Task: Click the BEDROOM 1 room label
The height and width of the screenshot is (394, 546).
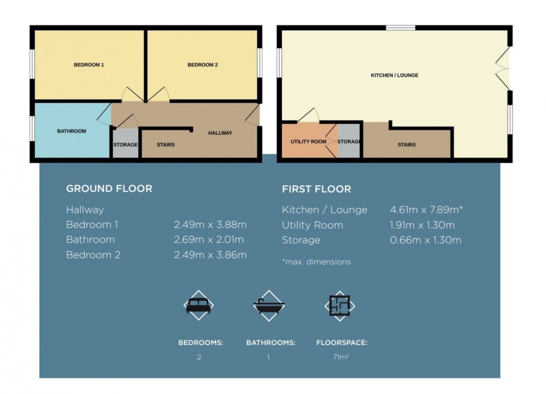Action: tap(89, 65)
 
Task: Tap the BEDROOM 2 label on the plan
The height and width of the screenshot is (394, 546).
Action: tap(202, 65)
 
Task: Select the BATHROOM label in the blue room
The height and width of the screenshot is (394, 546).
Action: tap(72, 132)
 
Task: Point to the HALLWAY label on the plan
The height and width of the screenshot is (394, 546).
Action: tap(220, 133)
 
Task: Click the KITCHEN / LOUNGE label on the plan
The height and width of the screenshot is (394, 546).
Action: tap(394, 75)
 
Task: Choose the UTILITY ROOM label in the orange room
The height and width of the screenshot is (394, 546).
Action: tap(308, 142)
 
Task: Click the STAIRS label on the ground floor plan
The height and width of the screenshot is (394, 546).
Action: tap(165, 145)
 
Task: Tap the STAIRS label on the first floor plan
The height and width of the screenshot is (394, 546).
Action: tap(406, 145)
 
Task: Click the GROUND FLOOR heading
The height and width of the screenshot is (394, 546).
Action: tap(109, 188)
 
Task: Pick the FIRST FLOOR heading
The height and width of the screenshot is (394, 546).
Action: tap(316, 189)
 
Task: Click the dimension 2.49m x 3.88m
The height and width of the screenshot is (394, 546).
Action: tap(210, 225)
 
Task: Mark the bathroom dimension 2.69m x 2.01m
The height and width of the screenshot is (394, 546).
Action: tap(210, 240)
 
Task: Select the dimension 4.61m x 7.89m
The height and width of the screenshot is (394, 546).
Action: tap(426, 210)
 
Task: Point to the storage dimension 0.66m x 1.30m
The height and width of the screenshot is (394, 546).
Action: tap(426, 240)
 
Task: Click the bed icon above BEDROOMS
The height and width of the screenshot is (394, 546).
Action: tap(199, 305)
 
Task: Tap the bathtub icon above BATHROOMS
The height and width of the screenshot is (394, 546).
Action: tap(269, 305)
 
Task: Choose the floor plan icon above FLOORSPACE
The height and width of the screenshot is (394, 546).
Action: tap(340, 305)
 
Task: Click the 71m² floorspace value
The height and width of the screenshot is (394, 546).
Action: tap(340, 357)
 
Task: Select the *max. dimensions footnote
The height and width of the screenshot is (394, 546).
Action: tap(316, 262)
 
